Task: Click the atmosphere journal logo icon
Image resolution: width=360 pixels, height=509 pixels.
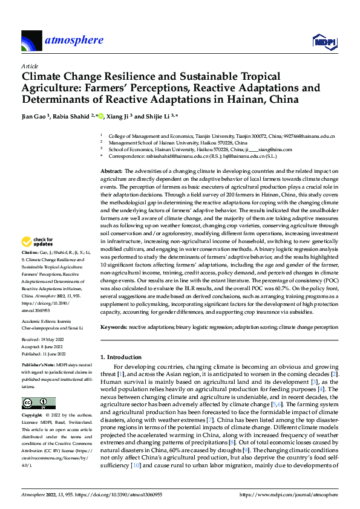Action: click(x=31, y=41)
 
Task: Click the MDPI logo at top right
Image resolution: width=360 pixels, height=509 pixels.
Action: click(x=324, y=41)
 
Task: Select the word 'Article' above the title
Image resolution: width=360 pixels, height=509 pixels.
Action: click(x=29, y=65)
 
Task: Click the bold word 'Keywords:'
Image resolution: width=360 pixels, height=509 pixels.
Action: click(x=113, y=326)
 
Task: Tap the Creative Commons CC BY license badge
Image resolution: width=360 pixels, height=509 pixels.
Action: click(x=38, y=403)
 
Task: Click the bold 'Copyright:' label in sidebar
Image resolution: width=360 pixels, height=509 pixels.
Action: click(x=33, y=417)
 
